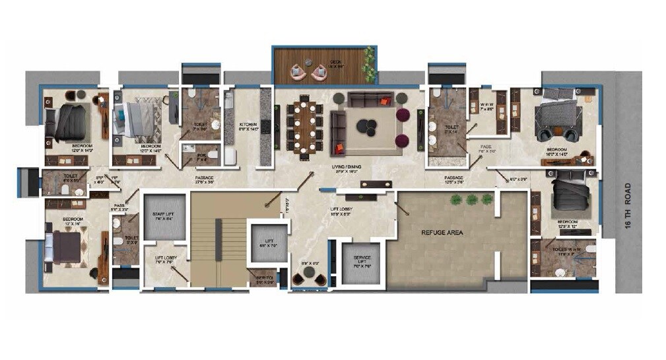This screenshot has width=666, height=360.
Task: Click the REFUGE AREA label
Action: coord(442,233)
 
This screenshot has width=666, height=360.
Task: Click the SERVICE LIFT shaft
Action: coord(361,262)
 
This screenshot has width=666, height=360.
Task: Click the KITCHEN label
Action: coord(248,124)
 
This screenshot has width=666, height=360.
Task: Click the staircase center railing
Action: coord(218,242)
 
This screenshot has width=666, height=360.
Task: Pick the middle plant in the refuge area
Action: coord(471,199)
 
